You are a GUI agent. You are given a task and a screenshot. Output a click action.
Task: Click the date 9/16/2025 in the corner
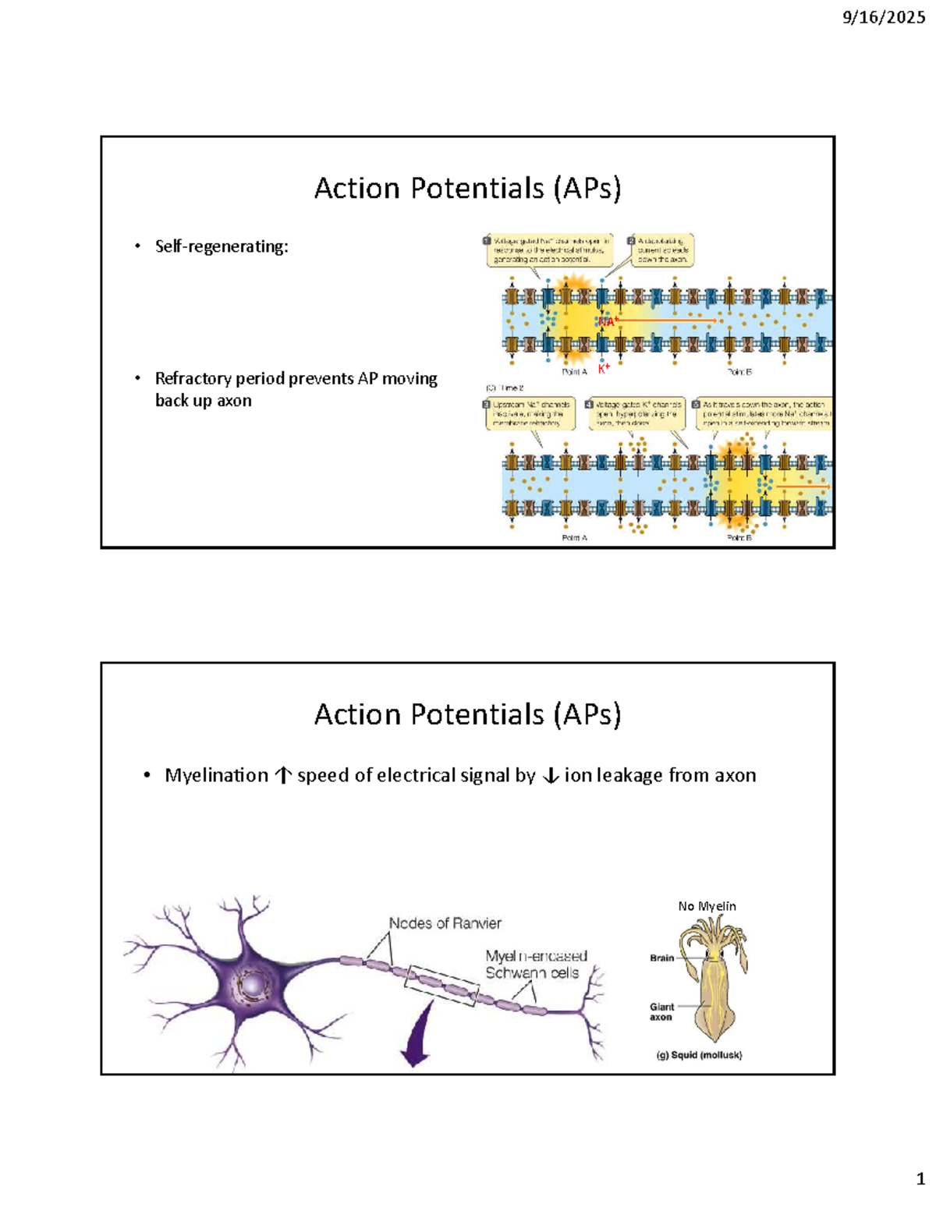883,17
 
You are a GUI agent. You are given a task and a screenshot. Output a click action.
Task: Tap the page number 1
920,1178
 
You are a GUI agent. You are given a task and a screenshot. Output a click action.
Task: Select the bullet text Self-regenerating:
222,246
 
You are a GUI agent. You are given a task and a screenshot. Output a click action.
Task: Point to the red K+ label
604,368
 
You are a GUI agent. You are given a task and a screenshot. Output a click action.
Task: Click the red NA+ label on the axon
608,320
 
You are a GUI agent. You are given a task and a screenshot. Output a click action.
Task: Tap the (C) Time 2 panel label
505,387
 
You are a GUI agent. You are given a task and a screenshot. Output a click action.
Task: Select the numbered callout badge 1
487,241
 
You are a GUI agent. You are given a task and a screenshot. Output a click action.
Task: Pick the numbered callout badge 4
589,405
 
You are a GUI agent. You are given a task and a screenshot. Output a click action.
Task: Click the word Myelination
216,775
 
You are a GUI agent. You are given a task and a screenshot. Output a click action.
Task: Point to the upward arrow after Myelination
283,776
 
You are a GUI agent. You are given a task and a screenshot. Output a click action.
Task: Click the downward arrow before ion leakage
550,776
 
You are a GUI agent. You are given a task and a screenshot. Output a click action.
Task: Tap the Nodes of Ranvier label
445,923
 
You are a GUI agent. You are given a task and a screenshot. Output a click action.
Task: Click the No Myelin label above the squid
707,906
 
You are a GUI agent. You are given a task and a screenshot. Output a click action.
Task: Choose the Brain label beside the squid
661,958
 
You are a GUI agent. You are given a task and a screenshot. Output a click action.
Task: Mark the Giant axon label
661,1011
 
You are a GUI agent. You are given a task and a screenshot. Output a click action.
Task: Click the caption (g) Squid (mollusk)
699,1054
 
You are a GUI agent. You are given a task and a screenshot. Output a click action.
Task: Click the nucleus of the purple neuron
253,986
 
